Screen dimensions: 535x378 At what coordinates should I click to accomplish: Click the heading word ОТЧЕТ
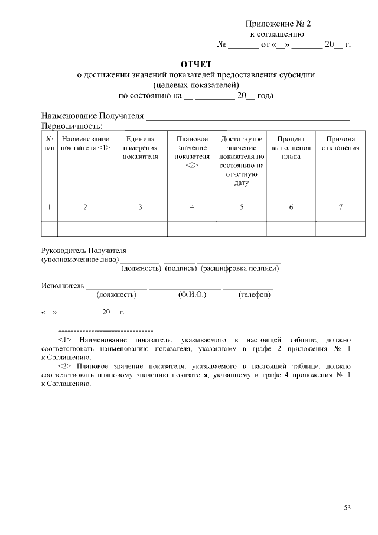[x=195, y=64]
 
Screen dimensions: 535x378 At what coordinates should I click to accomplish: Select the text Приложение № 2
[x=278, y=24]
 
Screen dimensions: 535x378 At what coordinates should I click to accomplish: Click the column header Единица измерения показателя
[x=140, y=148]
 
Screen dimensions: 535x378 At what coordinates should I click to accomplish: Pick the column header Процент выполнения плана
[x=291, y=148]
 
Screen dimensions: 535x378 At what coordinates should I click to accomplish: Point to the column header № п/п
[x=50, y=143]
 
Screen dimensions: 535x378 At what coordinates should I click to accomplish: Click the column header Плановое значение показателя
[x=192, y=152]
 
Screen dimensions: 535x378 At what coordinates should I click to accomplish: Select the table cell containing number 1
[x=50, y=207]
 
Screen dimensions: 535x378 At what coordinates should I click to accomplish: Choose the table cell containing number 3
[x=140, y=207]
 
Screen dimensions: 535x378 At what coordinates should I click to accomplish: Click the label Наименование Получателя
[x=92, y=115]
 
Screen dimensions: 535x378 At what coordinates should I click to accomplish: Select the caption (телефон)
[x=255, y=294]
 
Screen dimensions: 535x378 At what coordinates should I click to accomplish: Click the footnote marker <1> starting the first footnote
[x=65, y=341]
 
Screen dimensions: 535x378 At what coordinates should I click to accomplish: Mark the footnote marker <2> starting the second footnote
[x=65, y=367]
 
